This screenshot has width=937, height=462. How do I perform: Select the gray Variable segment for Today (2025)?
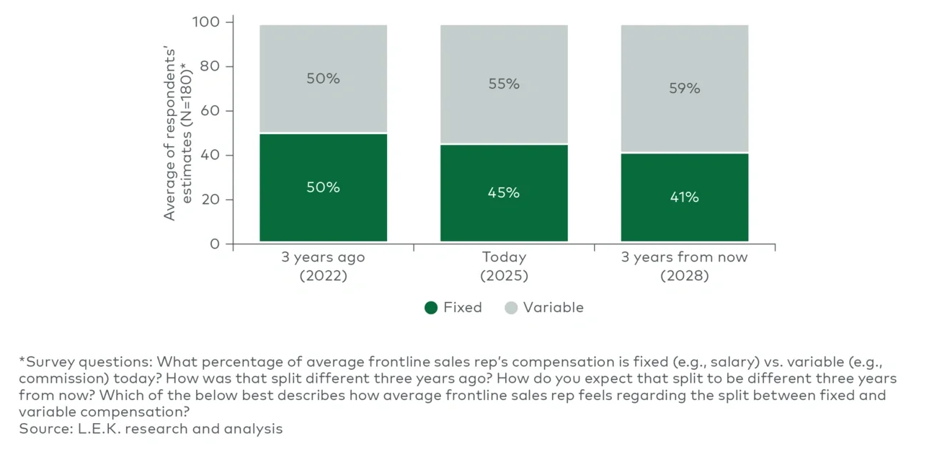pyautogui.click(x=504, y=108)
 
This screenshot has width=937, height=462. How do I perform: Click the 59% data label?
pyautogui.click(x=684, y=89)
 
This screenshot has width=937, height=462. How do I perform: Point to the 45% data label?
pyautogui.click(x=504, y=192)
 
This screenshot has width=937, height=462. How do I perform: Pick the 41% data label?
pyautogui.click(x=684, y=197)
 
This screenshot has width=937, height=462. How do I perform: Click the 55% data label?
pyautogui.click(x=504, y=84)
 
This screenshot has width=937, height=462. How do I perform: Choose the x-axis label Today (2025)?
pyautogui.click(x=504, y=266)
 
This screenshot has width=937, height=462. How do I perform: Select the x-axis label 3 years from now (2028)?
pyautogui.click(x=684, y=266)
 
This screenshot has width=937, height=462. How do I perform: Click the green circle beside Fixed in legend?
pyautogui.click(x=431, y=308)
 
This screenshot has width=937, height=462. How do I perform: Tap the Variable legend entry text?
pyautogui.click(x=553, y=308)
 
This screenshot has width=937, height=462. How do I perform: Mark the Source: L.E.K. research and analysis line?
pyautogui.click(x=151, y=429)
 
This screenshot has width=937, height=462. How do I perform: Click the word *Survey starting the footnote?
pyautogui.click(x=46, y=361)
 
